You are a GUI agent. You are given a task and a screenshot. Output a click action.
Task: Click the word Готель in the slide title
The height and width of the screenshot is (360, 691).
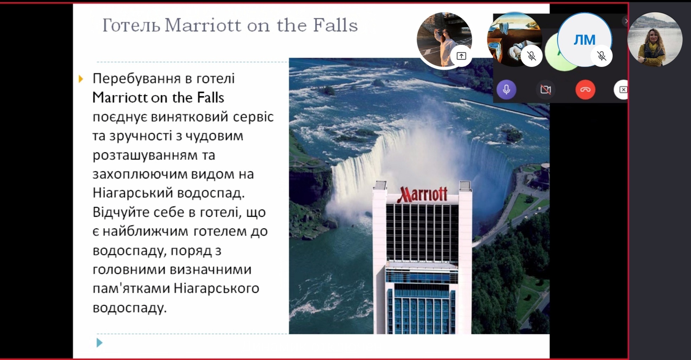coord(131,25)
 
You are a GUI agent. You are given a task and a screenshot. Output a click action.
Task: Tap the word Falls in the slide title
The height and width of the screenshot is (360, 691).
coord(335,25)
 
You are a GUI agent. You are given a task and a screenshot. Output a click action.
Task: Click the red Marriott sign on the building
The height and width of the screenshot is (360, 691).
coord(422,194)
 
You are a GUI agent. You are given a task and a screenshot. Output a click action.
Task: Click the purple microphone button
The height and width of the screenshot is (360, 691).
coord(506,89)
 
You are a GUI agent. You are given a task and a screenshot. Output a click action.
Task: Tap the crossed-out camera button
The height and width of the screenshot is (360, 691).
coord(546,89)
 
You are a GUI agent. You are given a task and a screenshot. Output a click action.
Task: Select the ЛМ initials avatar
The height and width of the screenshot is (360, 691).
coord(584,40)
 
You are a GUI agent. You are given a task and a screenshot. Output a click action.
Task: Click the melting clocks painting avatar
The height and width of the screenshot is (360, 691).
coord(514,39)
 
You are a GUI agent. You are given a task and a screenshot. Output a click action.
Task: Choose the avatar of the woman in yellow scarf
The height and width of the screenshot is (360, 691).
coord(655,39)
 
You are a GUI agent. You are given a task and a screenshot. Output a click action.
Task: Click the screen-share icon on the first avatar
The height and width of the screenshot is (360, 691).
coord(461,56)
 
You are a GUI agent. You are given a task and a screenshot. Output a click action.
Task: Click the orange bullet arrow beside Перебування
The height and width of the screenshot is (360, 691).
coord(81,79)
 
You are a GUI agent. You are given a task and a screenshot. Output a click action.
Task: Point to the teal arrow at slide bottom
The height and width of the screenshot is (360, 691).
coord(100,342)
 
